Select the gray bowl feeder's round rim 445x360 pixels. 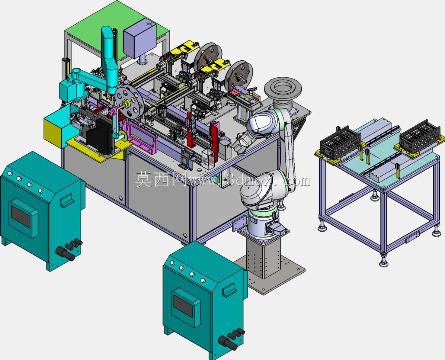coord(283,87)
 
